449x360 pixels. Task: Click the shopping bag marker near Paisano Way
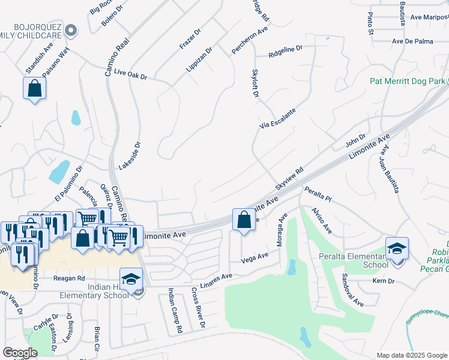35,88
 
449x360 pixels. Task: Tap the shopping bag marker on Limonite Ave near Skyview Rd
244,220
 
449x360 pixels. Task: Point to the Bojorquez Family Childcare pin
71,29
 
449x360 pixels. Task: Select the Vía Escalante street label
277,119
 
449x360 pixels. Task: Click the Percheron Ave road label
249,38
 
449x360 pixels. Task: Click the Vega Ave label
255,258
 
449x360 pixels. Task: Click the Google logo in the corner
20,352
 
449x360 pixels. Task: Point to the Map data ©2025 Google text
411,355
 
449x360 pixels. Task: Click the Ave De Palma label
412,41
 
